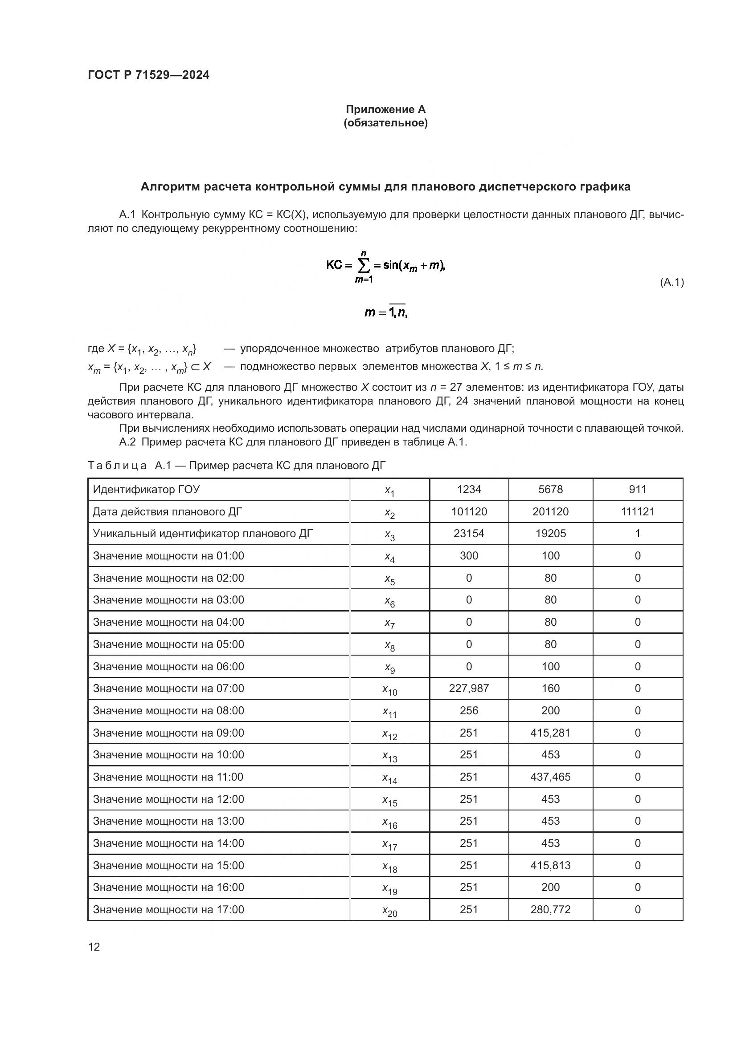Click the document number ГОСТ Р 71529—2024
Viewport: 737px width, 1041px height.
(x=148, y=75)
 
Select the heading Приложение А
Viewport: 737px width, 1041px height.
(x=385, y=109)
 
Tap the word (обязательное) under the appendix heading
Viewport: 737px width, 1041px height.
(x=385, y=123)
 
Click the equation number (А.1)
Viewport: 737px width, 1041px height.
(x=671, y=283)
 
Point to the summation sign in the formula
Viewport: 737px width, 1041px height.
(x=363, y=266)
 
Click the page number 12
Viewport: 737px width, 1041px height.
(x=94, y=947)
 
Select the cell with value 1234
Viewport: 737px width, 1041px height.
(x=469, y=490)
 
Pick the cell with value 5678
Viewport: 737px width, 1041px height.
(x=550, y=490)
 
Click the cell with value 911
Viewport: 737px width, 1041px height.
(x=637, y=490)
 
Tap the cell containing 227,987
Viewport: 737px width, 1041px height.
(x=469, y=689)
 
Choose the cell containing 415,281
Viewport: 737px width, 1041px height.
(x=550, y=733)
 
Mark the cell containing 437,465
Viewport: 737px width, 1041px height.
(x=550, y=777)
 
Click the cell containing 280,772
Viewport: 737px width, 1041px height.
(x=550, y=910)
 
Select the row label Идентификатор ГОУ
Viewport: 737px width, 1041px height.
(x=146, y=490)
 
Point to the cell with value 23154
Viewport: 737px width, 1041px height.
(x=469, y=534)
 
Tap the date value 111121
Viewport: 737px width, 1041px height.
(x=637, y=512)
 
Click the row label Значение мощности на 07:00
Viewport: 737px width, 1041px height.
(x=168, y=689)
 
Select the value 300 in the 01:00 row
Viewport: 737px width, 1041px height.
(x=469, y=556)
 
